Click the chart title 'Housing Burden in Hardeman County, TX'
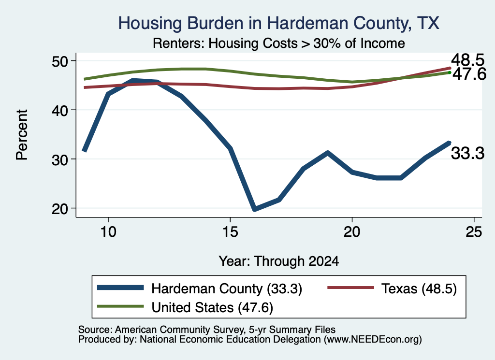point(278,23)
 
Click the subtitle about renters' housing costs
point(279,43)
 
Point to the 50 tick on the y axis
point(59,61)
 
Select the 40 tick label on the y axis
point(59,110)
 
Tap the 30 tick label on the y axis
point(59,159)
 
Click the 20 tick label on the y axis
point(59,209)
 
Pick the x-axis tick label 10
point(108,232)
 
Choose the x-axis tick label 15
point(230,232)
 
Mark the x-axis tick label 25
point(474,232)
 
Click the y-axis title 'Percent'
point(22,135)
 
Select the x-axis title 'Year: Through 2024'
point(279,261)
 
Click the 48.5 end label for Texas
point(467,59)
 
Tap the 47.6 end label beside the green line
point(469,74)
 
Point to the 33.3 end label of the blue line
point(467,153)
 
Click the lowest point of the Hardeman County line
point(255,209)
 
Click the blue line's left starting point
point(84,151)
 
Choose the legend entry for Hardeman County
point(200,288)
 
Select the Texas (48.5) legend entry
point(392,288)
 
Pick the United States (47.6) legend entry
point(185,307)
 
